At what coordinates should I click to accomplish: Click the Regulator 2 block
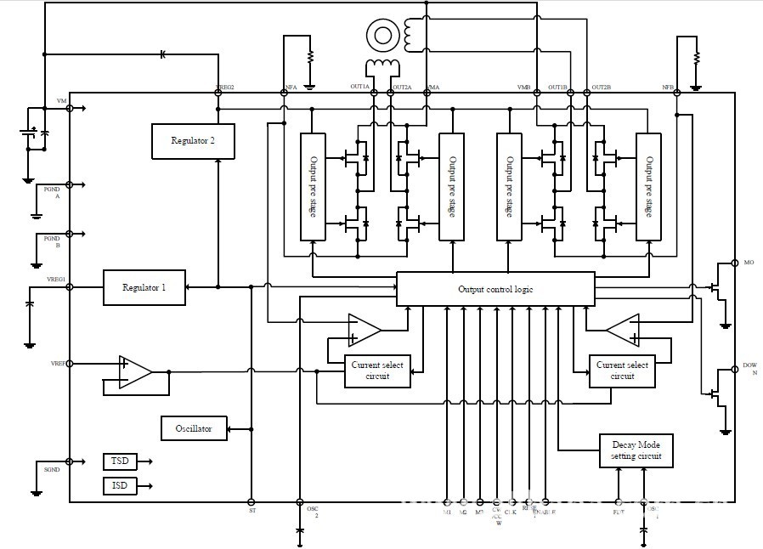[x=193, y=141]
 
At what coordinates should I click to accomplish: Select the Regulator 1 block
[x=144, y=287]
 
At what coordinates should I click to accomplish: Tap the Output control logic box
[x=495, y=289]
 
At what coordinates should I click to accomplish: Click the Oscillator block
[x=194, y=428]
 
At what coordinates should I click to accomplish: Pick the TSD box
[x=120, y=461]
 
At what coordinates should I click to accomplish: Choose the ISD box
[x=120, y=486]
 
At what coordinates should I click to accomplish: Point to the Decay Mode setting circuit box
[x=636, y=450]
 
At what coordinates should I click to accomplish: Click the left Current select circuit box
[x=376, y=371]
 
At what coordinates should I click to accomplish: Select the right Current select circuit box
[x=622, y=371]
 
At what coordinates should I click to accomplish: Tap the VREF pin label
[x=58, y=364]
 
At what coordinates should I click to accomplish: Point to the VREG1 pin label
[x=55, y=280]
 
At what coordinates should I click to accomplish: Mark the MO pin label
[x=749, y=263]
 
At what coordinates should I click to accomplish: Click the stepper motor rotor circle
[x=382, y=35]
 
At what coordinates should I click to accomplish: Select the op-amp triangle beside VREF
[x=134, y=372]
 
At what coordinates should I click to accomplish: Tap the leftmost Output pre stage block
[x=313, y=186]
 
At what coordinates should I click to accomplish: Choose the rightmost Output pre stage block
[x=648, y=186]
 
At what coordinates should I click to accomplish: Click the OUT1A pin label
[x=360, y=87]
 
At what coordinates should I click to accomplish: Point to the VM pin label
[x=61, y=101]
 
